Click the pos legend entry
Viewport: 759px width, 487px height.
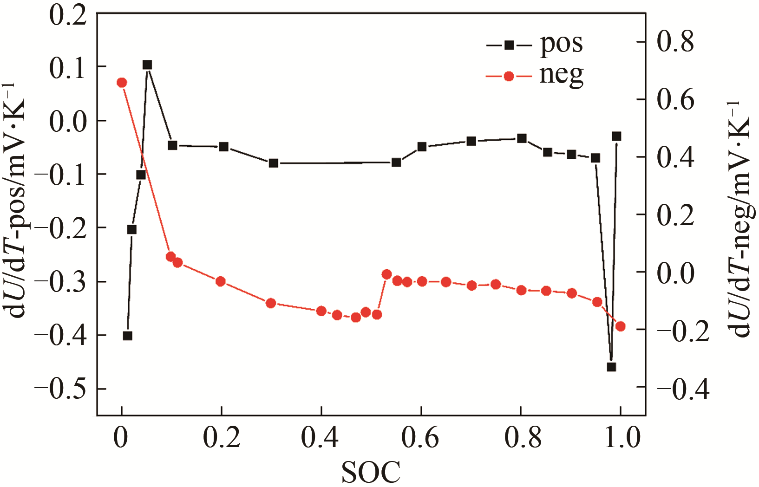pyautogui.click(x=534, y=45)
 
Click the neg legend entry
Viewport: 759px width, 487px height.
pyautogui.click(x=534, y=76)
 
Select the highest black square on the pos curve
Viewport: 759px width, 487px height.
pyautogui.click(x=147, y=65)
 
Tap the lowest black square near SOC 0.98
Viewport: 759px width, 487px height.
pyautogui.click(x=611, y=367)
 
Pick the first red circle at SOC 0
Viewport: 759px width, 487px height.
pyautogui.click(x=122, y=83)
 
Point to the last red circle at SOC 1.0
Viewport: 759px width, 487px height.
pyautogui.click(x=620, y=326)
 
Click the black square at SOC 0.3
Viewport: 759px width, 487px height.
pyautogui.click(x=274, y=163)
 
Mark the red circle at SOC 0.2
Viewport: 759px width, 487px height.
pyautogui.click(x=221, y=281)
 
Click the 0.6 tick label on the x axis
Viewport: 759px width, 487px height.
pyautogui.click(x=420, y=438)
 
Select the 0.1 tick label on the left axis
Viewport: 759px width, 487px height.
pyautogui.click(x=68, y=68)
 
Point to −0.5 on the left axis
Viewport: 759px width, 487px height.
pyautogui.click(x=60, y=389)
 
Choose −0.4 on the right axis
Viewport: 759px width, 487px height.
pyautogui.click(x=683, y=389)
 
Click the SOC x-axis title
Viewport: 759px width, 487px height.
pyautogui.click(x=371, y=473)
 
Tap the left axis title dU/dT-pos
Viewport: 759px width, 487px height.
pyautogui.click(x=19, y=200)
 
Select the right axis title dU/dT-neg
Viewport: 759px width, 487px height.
pyautogui.click(x=740, y=218)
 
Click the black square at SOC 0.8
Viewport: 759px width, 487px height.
pyautogui.click(x=522, y=138)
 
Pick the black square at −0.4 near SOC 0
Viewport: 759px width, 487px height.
pyautogui.click(x=128, y=336)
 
